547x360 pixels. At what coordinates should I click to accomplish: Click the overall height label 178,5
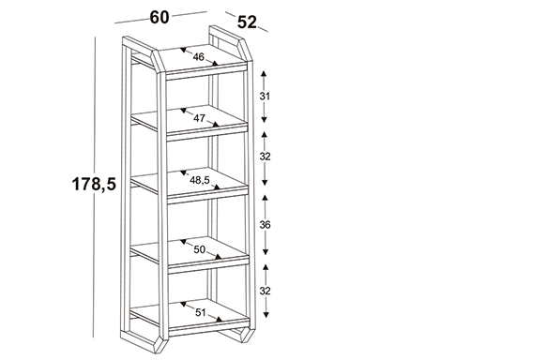pos(94,184)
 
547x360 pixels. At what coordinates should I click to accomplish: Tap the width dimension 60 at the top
pos(160,17)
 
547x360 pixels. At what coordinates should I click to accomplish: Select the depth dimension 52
pos(247,22)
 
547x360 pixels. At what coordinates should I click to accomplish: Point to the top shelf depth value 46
pos(199,57)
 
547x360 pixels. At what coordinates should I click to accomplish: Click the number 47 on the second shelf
pos(199,118)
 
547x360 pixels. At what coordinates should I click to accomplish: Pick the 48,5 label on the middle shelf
pos(200,180)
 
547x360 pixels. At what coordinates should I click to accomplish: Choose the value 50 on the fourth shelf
pos(200,249)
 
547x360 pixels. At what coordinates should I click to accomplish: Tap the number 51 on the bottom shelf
pos(200,312)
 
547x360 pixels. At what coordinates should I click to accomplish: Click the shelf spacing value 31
pos(265,97)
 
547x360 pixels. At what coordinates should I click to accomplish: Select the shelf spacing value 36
pos(266,225)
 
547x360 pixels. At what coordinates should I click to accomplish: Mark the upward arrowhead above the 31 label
pos(264,73)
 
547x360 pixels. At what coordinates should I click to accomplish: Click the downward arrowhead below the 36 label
pos(266,252)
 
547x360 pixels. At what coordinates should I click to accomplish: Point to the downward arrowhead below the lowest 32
pos(266,315)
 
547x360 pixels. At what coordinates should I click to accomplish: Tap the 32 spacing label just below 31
pos(266,157)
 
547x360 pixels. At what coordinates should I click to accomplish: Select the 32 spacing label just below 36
pos(266,291)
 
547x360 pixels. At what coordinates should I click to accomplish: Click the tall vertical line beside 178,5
pos(94,187)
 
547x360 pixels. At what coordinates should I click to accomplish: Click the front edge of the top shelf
pos(206,71)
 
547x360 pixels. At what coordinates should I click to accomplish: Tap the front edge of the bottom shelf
pos(209,326)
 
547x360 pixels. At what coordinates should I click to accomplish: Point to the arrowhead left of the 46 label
pos(183,50)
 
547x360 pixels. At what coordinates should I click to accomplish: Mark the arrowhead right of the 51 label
pos(220,320)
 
